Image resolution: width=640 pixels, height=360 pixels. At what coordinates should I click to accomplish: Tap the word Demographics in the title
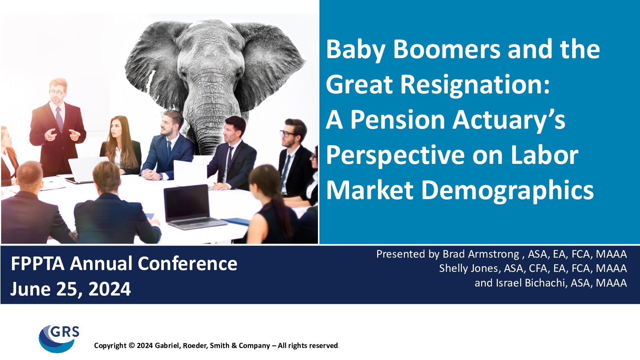tap(508, 191)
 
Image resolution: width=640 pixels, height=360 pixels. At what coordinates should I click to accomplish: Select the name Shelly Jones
tap(469, 268)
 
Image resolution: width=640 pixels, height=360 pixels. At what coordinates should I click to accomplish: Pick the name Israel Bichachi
tap(531, 283)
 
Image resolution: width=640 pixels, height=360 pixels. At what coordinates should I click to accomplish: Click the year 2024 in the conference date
tap(110, 289)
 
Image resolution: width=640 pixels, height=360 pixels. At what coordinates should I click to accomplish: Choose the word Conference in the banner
tap(187, 263)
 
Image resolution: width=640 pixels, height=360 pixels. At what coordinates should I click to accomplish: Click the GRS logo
tap(59, 339)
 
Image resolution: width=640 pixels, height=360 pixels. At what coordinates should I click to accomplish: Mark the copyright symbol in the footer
tap(132, 345)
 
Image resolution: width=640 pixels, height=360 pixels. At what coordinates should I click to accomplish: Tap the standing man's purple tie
tap(59, 119)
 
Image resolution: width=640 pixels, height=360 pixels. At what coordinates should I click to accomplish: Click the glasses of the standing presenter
tap(57, 92)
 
